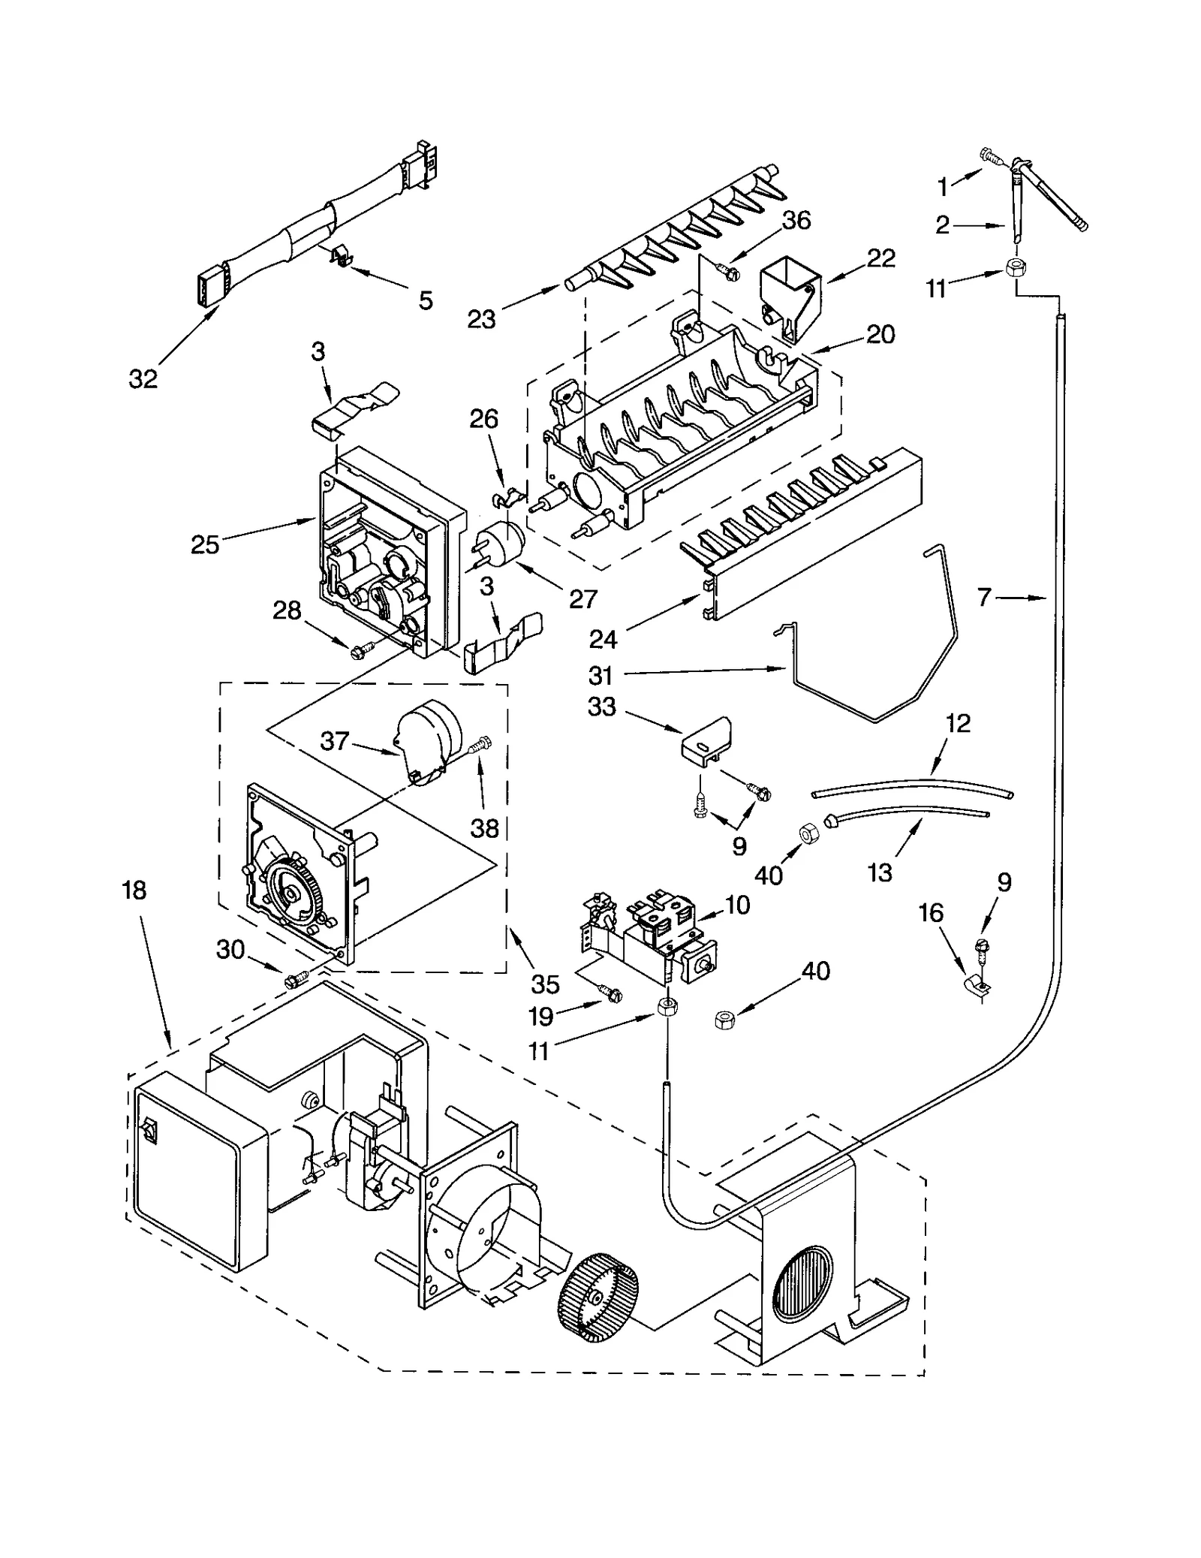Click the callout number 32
[x=143, y=380]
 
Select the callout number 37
[x=334, y=741]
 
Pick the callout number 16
[x=931, y=914]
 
